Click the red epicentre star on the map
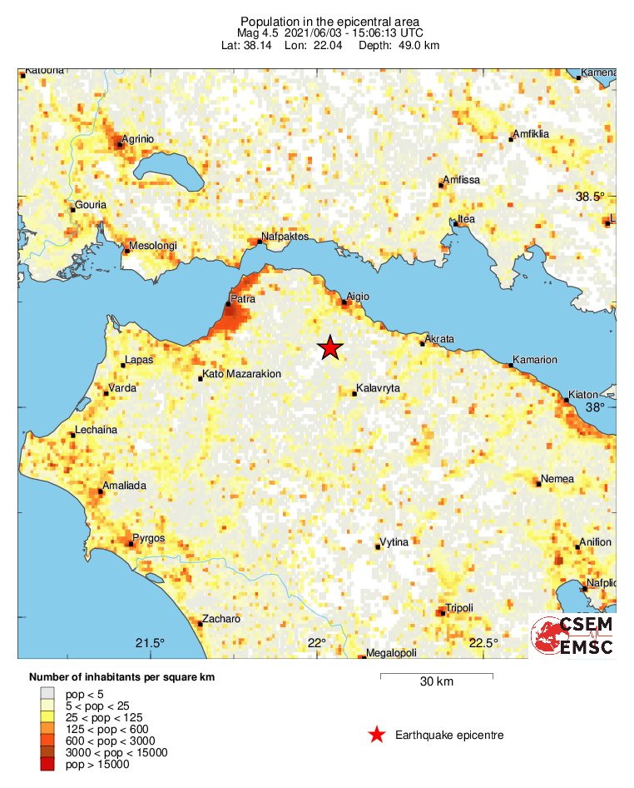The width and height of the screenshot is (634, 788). (x=330, y=348)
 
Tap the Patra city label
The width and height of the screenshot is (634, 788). (x=243, y=297)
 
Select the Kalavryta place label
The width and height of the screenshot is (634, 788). (x=378, y=389)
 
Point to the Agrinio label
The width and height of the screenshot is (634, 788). (x=138, y=139)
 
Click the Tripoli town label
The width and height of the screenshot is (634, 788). (x=459, y=608)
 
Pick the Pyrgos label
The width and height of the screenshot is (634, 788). (x=149, y=538)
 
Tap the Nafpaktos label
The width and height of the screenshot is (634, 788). (x=285, y=237)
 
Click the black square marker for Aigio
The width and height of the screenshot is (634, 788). (x=344, y=302)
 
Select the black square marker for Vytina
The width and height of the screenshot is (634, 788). (x=378, y=547)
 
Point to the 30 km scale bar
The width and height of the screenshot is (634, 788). (x=436, y=676)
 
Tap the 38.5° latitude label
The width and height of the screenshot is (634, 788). (x=592, y=197)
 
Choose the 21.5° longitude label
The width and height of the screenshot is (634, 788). (x=150, y=642)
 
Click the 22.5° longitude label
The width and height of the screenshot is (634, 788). (x=483, y=642)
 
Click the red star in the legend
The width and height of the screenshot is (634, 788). (x=377, y=735)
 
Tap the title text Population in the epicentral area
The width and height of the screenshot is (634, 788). (x=329, y=22)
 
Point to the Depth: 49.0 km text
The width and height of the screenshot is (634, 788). (x=399, y=45)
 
